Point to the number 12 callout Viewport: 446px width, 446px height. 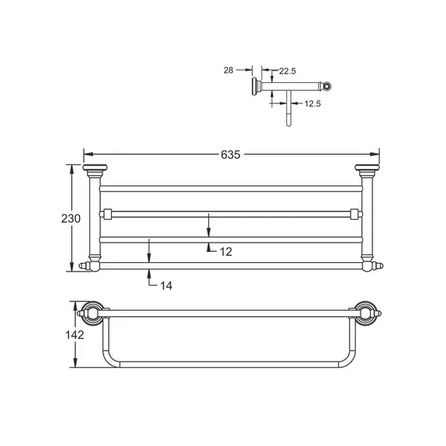tap(225, 251)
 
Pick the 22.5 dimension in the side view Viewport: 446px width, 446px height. tap(287, 71)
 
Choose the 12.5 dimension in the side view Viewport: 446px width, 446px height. tap(314, 103)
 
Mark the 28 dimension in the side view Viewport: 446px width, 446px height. tap(229, 70)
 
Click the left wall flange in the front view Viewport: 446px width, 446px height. tap(93, 171)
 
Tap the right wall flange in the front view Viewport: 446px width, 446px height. tap(365, 171)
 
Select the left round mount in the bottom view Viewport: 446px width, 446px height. tap(92, 313)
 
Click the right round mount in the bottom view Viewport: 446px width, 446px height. tap(366, 313)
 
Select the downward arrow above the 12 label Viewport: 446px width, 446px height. tap(209, 229)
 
